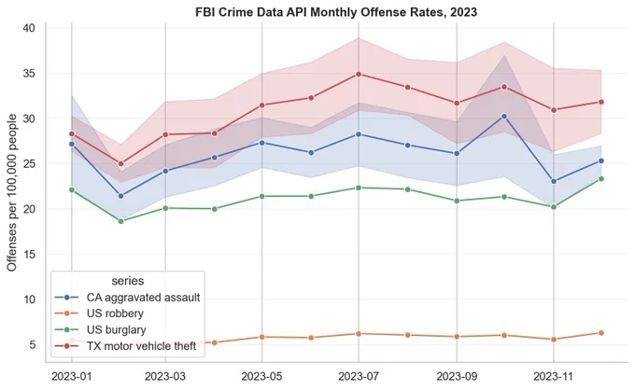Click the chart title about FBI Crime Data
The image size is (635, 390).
336,12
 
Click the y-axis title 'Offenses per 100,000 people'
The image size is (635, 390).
12,192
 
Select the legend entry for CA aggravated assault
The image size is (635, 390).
128,298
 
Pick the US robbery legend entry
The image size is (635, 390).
99,313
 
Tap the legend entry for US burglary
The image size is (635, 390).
101,329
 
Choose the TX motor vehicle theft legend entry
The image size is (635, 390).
125,346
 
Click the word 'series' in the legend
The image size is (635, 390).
128,281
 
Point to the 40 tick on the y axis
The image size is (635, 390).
28,28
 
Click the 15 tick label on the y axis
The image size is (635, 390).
28,255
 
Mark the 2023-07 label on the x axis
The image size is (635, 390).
359,377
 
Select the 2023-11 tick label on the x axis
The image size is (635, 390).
553,377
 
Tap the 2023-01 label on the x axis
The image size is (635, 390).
72,377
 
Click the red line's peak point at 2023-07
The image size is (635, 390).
359,74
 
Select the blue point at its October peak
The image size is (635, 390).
504,116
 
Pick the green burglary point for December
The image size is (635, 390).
601,179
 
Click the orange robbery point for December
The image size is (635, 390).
601,333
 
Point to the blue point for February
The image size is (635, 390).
120,196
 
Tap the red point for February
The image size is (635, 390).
120,164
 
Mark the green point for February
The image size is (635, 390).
120,221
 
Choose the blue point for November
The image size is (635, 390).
554,181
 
